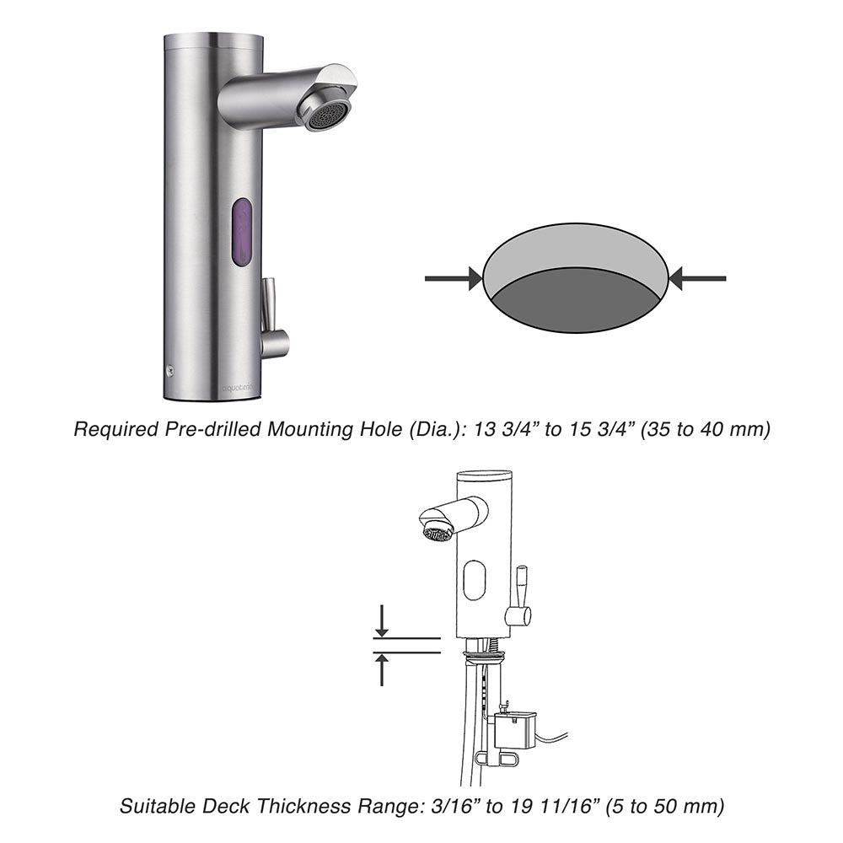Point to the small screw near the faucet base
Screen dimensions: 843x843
pyautogui.click(x=171, y=370)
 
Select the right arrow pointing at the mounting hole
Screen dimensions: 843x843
pyautogui.click(x=697, y=278)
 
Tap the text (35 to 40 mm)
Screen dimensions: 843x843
pyautogui.click(x=705, y=429)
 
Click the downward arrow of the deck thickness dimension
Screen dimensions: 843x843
pyautogui.click(x=382, y=621)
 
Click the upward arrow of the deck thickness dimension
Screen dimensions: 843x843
pyautogui.click(x=382, y=669)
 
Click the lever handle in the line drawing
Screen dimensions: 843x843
pyautogui.click(x=519, y=596)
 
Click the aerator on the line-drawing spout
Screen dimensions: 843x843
pyautogui.click(x=436, y=533)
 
